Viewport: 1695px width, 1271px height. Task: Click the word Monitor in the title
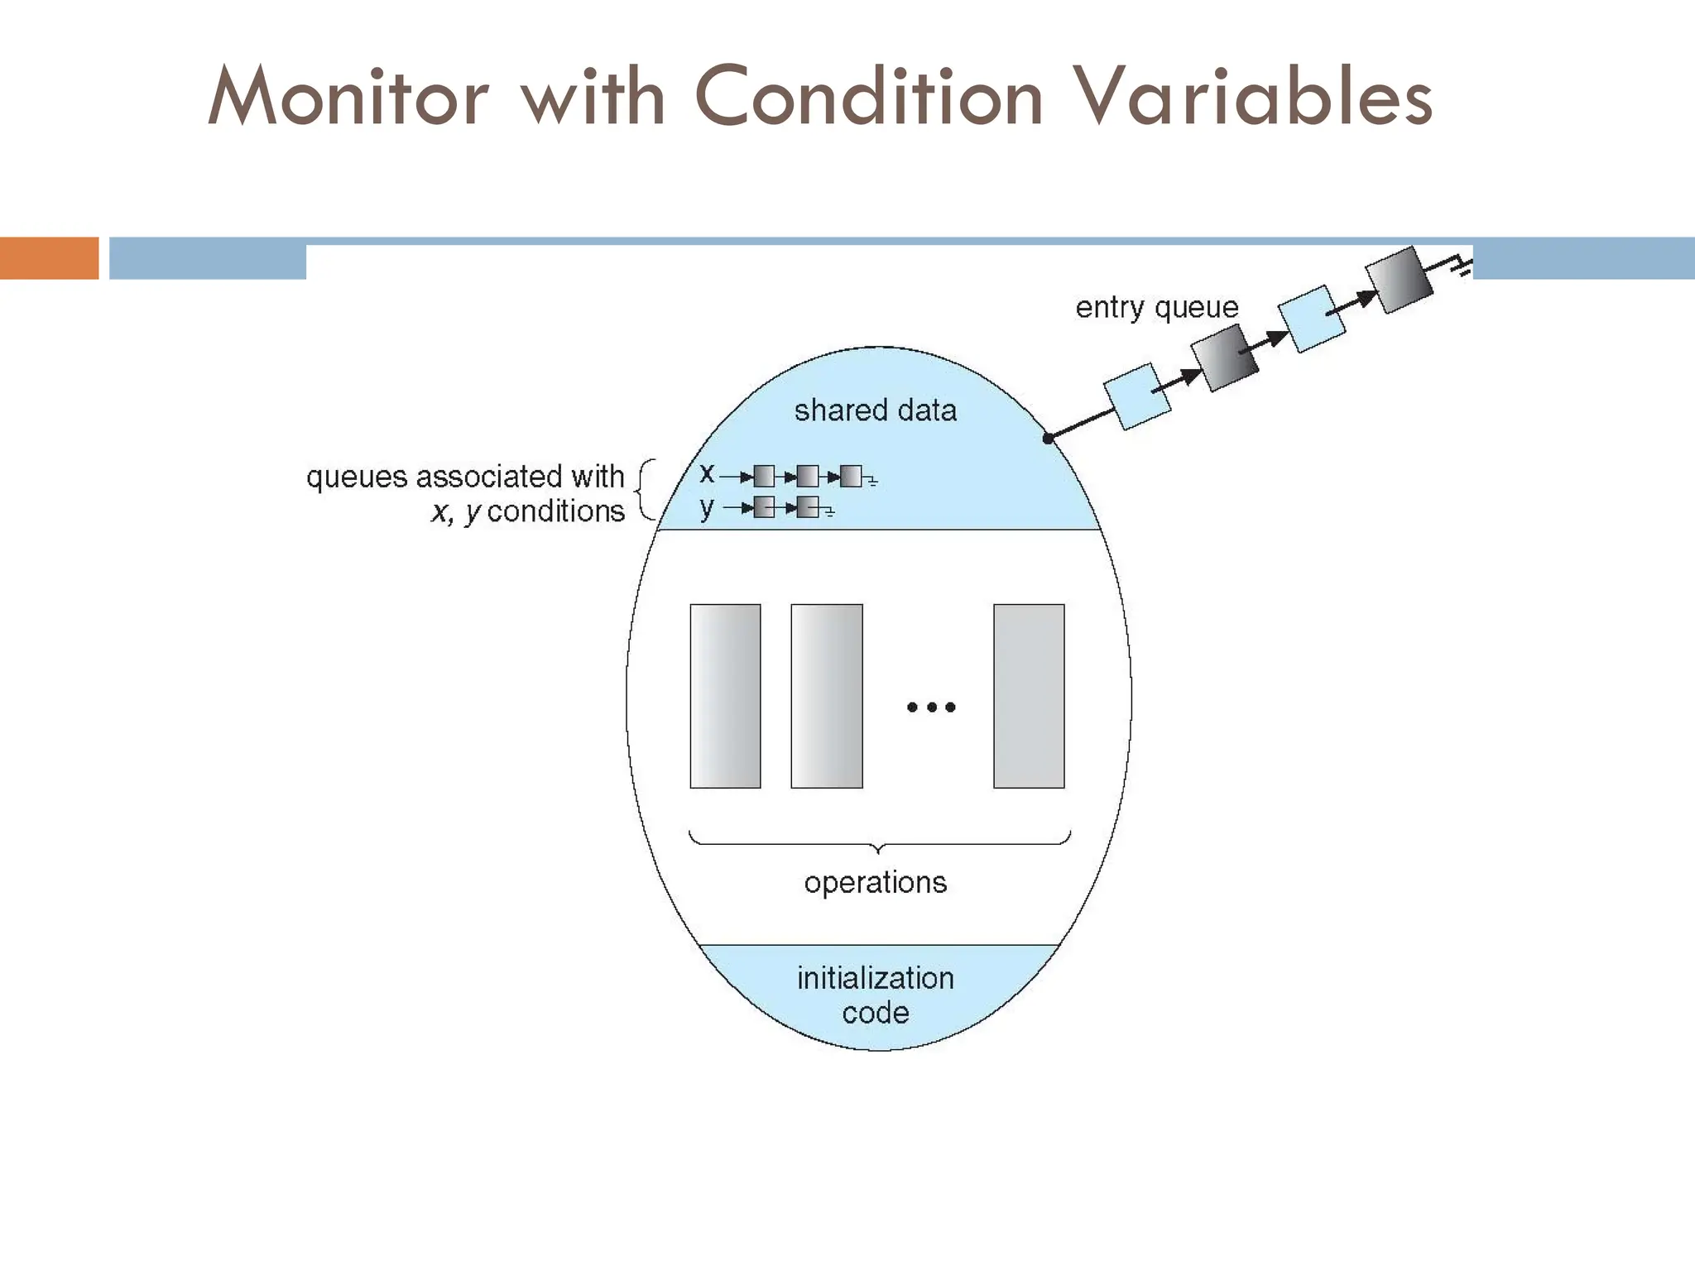point(348,98)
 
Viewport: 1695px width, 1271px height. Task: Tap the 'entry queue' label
point(1156,308)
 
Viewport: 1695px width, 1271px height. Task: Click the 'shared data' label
point(875,410)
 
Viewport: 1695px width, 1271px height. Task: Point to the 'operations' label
point(875,883)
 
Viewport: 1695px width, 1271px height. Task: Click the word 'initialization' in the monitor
point(875,978)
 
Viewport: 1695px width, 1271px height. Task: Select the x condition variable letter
point(706,473)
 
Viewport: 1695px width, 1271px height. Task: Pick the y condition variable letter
point(706,507)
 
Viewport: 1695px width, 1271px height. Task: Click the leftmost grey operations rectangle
point(725,696)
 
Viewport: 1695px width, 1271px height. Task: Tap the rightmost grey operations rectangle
point(1029,696)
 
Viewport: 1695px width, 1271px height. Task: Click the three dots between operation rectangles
point(931,707)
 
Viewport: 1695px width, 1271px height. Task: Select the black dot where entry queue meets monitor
point(1048,439)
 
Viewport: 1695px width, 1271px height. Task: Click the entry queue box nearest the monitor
point(1137,396)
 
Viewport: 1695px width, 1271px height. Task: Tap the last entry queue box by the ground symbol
point(1398,280)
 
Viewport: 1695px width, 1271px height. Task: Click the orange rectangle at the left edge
point(49,258)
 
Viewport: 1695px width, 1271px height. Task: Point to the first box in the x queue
point(764,477)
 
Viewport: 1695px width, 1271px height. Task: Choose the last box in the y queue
point(808,507)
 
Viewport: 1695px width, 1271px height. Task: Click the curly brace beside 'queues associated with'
point(646,491)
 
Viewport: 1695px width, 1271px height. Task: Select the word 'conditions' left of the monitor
point(555,511)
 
